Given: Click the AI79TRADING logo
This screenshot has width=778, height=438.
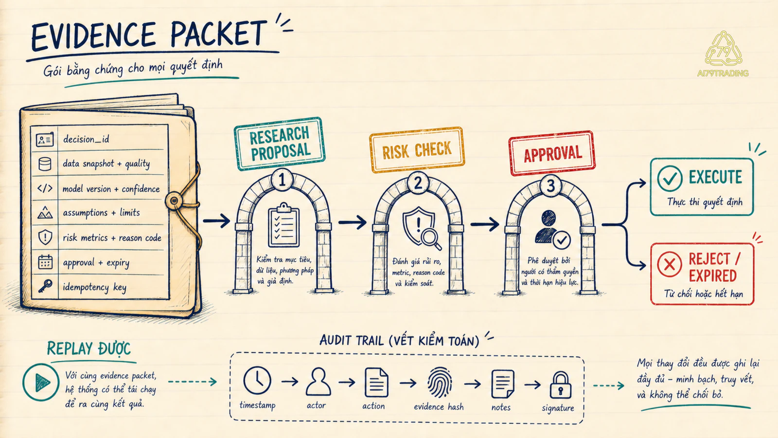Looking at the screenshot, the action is [723, 54].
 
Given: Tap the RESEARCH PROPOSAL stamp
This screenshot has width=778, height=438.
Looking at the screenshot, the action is [280, 144].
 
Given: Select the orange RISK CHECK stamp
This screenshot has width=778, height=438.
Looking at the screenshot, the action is [417, 150].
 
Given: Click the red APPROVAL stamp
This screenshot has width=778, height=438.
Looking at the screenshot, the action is [552, 153].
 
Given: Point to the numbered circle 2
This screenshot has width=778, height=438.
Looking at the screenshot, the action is [418, 183].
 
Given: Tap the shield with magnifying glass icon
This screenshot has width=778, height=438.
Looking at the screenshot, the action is [422, 228].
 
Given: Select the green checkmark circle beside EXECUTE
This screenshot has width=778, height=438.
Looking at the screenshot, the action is [669, 178].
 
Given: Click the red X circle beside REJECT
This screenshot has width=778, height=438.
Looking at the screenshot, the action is [669, 264].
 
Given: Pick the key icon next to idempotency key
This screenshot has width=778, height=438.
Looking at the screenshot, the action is [45, 286].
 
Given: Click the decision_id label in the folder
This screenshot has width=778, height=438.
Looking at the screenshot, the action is [86, 139].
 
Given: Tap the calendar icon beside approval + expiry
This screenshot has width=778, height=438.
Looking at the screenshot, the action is [45, 262].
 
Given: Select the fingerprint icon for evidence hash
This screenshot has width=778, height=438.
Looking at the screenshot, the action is [440, 382].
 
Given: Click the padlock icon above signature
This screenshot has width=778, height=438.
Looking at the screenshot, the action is [560, 385].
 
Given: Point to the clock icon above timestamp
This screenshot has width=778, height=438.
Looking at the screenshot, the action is [257, 380].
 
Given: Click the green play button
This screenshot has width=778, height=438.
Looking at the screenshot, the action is [41, 382].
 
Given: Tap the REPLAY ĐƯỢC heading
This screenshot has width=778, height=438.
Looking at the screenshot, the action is [89, 348].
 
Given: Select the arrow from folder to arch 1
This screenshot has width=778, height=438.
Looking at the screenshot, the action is [216, 221].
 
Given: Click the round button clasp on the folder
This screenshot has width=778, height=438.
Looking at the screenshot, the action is [174, 201].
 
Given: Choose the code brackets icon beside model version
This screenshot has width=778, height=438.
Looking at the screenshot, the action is [45, 188].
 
